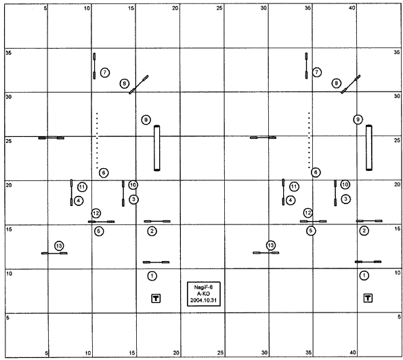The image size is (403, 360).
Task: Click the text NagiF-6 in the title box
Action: (203, 287)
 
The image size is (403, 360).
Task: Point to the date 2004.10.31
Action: (203, 300)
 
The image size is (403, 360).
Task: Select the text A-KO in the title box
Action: (203, 294)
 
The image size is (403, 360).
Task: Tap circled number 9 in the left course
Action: (146, 119)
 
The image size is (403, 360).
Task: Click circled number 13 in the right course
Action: (271, 245)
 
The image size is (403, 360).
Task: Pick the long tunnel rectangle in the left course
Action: (156, 148)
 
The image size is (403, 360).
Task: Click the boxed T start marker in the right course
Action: (368, 298)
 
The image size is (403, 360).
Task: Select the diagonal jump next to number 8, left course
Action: (139, 84)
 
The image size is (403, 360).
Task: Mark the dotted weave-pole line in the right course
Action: (309, 140)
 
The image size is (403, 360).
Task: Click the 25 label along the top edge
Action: (219, 8)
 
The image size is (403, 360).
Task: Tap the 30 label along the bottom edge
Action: (264, 353)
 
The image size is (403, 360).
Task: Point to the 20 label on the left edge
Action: (9, 185)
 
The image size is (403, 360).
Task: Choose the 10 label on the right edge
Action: (398, 273)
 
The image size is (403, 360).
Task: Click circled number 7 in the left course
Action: (104, 73)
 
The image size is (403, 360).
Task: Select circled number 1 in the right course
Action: (364, 276)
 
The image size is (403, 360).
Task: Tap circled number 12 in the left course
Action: (96, 213)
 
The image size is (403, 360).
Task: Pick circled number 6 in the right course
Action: (316, 172)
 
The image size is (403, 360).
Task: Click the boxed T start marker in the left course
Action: (156, 298)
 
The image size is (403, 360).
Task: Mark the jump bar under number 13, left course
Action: (54, 253)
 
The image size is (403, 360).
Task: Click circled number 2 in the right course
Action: (364, 231)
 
